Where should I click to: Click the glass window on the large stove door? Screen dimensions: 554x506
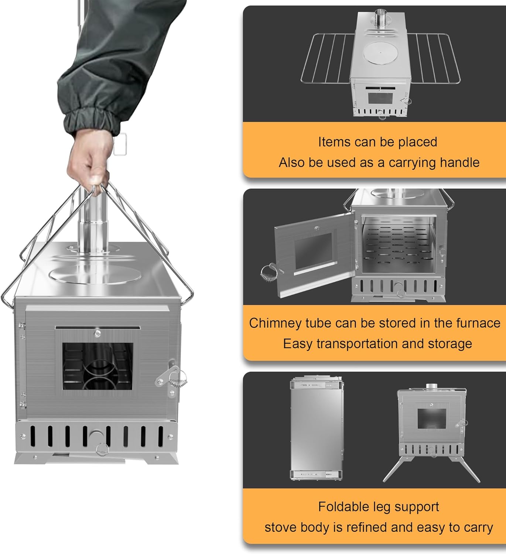[x=98, y=366]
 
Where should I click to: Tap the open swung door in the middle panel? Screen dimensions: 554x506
[x=314, y=255]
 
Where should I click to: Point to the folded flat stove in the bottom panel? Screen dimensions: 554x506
[x=317, y=428]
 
